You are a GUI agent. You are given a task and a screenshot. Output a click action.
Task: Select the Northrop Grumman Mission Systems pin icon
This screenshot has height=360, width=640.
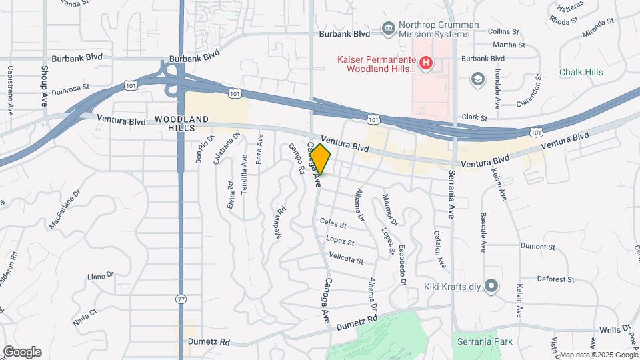387,28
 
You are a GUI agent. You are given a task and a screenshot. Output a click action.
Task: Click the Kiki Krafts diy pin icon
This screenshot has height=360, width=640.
491,287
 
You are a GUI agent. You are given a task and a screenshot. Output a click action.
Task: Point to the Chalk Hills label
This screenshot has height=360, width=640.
582,72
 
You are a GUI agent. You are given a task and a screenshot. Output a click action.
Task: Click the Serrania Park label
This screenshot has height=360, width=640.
485,342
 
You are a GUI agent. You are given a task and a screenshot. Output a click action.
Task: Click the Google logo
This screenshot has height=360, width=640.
22,352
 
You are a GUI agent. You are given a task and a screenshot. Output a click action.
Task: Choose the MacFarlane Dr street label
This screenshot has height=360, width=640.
64,209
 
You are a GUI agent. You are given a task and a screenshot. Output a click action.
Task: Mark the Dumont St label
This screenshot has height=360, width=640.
537,246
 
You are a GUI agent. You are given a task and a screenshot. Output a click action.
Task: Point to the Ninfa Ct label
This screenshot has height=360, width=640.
85,311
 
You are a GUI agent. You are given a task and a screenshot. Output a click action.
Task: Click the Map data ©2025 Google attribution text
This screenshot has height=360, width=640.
597,355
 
